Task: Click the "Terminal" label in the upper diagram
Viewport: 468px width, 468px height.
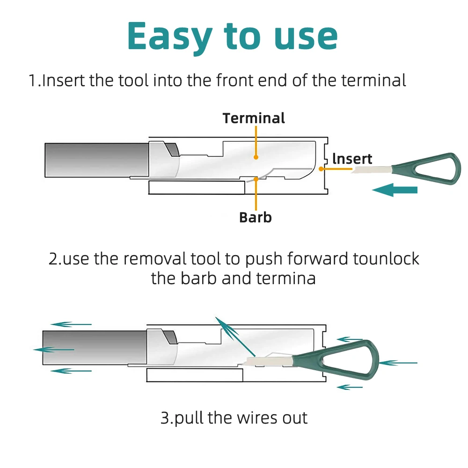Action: pyautogui.click(x=254, y=118)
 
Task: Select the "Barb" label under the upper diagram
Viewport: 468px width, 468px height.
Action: pyautogui.click(x=255, y=217)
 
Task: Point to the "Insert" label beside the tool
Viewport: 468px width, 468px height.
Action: pyautogui.click(x=352, y=159)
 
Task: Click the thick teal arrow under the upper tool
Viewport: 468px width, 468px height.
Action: pyautogui.click(x=395, y=190)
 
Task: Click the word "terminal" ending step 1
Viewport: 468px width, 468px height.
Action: pyautogui.click(x=373, y=80)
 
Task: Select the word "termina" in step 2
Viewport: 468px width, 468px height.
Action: pyautogui.click(x=286, y=278)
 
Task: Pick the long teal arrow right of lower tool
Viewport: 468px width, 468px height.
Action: pyautogui.click(x=398, y=363)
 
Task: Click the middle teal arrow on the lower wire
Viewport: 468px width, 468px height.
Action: pyautogui.click(x=54, y=350)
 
